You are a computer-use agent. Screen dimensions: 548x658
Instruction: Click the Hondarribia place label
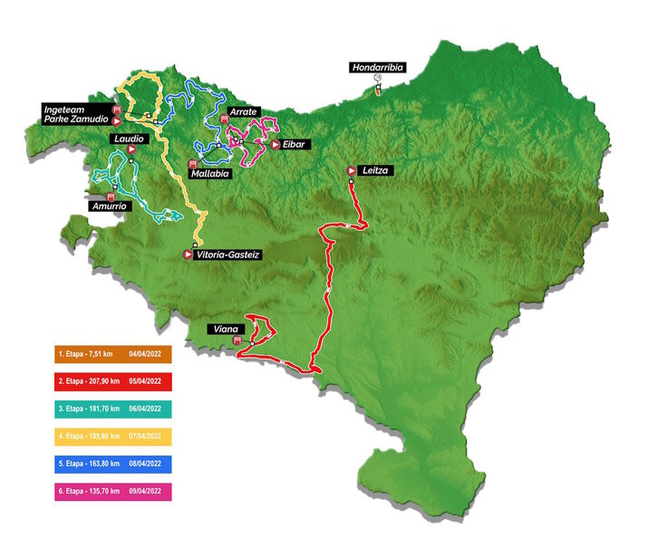pyautogui.click(x=379, y=66)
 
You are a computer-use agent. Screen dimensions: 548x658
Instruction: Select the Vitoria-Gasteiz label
pyautogui.click(x=228, y=255)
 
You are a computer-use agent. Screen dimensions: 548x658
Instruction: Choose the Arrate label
pyautogui.click(x=245, y=111)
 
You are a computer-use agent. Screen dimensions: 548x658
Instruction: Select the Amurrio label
pyautogui.click(x=109, y=206)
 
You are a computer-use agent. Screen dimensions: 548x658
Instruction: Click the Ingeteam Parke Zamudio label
pyautogui.click(x=76, y=113)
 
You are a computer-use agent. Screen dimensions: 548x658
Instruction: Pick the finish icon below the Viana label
pyautogui.click(x=237, y=341)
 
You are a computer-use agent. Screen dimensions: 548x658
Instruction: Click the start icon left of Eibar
pyautogui.click(x=275, y=144)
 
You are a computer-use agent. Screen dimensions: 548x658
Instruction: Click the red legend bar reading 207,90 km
pyautogui.click(x=112, y=381)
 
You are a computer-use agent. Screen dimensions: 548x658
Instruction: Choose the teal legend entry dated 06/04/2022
pyautogui.click(x=112, y=409)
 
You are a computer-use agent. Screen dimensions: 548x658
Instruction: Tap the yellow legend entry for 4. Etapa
pyautogui.click(x=112, y=437)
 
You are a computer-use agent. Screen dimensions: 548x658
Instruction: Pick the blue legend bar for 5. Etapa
pyautogui.click(x=112, y=465)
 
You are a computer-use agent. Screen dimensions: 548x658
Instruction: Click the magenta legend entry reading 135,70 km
pyautogui.click(x=112, y=492)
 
